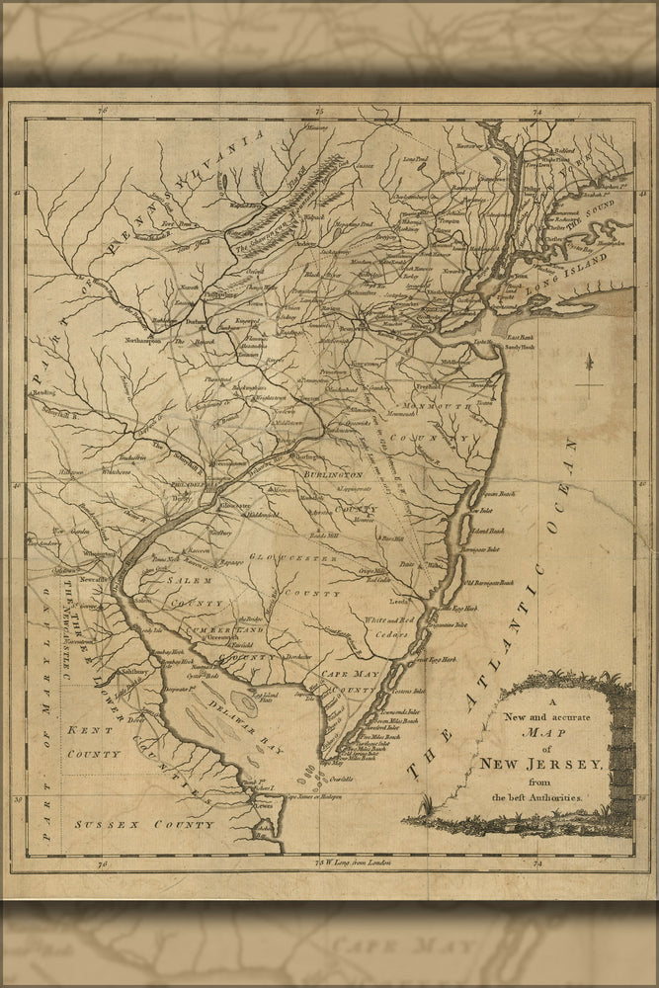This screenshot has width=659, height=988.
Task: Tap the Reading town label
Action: pyautogui.click(x=43, y=393)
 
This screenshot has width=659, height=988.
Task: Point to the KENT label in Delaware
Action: pyautogui.click(x=86, y=729)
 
